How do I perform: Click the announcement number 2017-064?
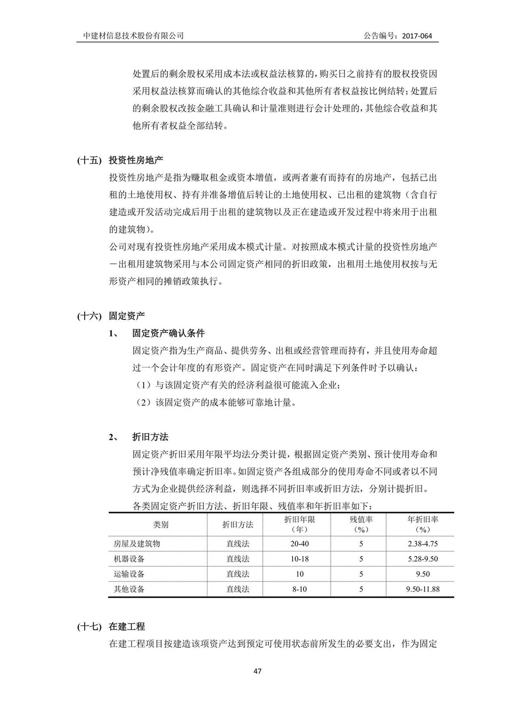(x=417, y=36)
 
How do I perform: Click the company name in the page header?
(x=133, y=36)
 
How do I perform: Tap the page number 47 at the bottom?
(x=257, y=671)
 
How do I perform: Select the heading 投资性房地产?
(x=136, y=161)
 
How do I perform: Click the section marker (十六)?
(x=89, y=316)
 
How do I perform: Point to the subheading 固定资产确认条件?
(x=168, y=333)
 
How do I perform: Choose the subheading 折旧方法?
(x=150, y=437)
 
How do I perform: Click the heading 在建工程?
(x=127, y=627)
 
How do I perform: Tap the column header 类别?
(x=161, y=525)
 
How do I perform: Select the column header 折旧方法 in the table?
(x=238, y=525)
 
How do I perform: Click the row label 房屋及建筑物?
(x=137, y=544)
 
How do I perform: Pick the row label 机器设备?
(x=129, y=559)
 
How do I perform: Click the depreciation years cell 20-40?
(x=300, y=544)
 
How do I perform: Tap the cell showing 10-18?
(x=300, y=559)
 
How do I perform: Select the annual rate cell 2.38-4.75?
(x=423, y=544)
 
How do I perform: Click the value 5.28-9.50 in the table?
(x=423, y=559)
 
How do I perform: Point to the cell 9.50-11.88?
(x=423, y=589)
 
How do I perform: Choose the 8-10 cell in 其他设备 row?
(x=300, y=589)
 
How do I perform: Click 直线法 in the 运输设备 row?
(x=238, y=574)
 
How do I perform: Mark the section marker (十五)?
(x=89, y=161)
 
